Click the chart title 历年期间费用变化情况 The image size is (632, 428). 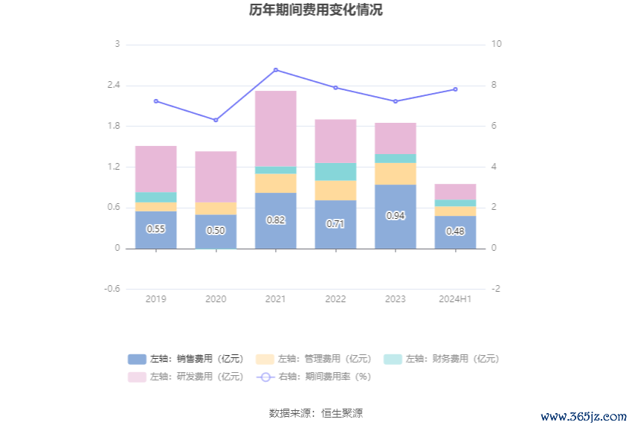(x=316, y=10)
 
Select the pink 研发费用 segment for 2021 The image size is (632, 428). (x=276, y=128)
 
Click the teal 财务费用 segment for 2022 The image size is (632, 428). (x=335, y=172)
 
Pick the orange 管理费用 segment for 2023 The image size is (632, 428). (x=396, y=173)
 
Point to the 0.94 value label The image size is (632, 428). (x=396, y=215)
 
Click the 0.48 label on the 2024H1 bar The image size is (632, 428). (x=455, y=231)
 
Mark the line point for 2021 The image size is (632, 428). (x=276, y=70)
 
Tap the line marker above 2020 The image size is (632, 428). (x=216, y=120)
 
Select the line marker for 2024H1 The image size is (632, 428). (x=455, y=89)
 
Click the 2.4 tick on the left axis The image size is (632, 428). (x=113, y=86)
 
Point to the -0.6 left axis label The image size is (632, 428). (x=112, y=289)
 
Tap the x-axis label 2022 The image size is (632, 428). (x=335, y=299)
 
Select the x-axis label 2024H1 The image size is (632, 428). (x=455, y=299)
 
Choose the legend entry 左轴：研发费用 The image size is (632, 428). (x=186, y=377)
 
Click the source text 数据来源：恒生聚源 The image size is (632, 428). (x=316, y=413)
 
